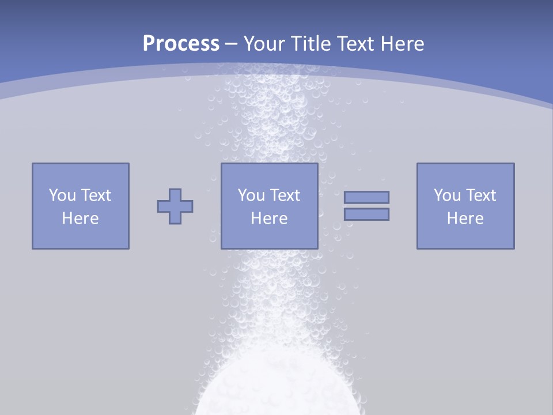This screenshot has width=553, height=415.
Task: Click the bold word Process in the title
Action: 181,44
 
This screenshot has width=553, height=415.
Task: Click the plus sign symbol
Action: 175,206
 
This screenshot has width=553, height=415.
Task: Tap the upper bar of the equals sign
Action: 366,197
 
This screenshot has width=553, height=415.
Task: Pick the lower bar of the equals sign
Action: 366,214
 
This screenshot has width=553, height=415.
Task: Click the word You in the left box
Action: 62,195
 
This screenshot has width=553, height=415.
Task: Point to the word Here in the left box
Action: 81,218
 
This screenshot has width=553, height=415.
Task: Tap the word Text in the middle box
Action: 285,195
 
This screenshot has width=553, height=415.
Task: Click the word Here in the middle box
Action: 270,218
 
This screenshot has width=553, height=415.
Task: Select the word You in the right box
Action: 447,195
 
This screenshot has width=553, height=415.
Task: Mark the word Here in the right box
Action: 465,218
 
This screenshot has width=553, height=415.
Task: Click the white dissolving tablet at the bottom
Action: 279,392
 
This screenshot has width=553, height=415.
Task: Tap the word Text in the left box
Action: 96,195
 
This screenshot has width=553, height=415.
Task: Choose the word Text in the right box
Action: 480,195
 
